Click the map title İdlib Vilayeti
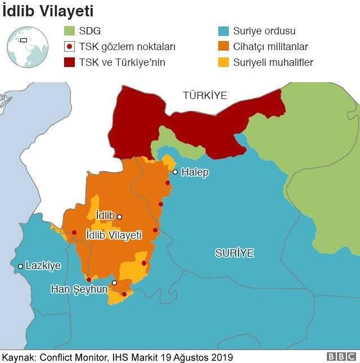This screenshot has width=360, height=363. pyautogui.click(x=47, y=11)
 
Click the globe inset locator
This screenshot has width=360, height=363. pyautogui.click(x=26, y=47)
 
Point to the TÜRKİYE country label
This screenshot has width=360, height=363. pyautogui.click(x=205, y=96)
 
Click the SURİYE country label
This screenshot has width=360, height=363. pyautogui.click(x=235, y=253)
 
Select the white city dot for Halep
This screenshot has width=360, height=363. pyautogui.click(x=175, y=172)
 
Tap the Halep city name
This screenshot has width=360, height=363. pyautogui.click(x=195, y=173)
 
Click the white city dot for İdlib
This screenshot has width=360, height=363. pyautogui.click(x=119, y=217)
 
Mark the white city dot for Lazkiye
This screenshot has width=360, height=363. pyautogui.click(x=20, y=266)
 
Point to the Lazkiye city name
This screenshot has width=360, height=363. pyautogui.click(x=43, y=266)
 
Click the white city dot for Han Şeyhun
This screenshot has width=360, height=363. pyautogui.click(x=114, y=283)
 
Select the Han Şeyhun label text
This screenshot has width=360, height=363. pyautogui.click(x=79, y=289)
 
